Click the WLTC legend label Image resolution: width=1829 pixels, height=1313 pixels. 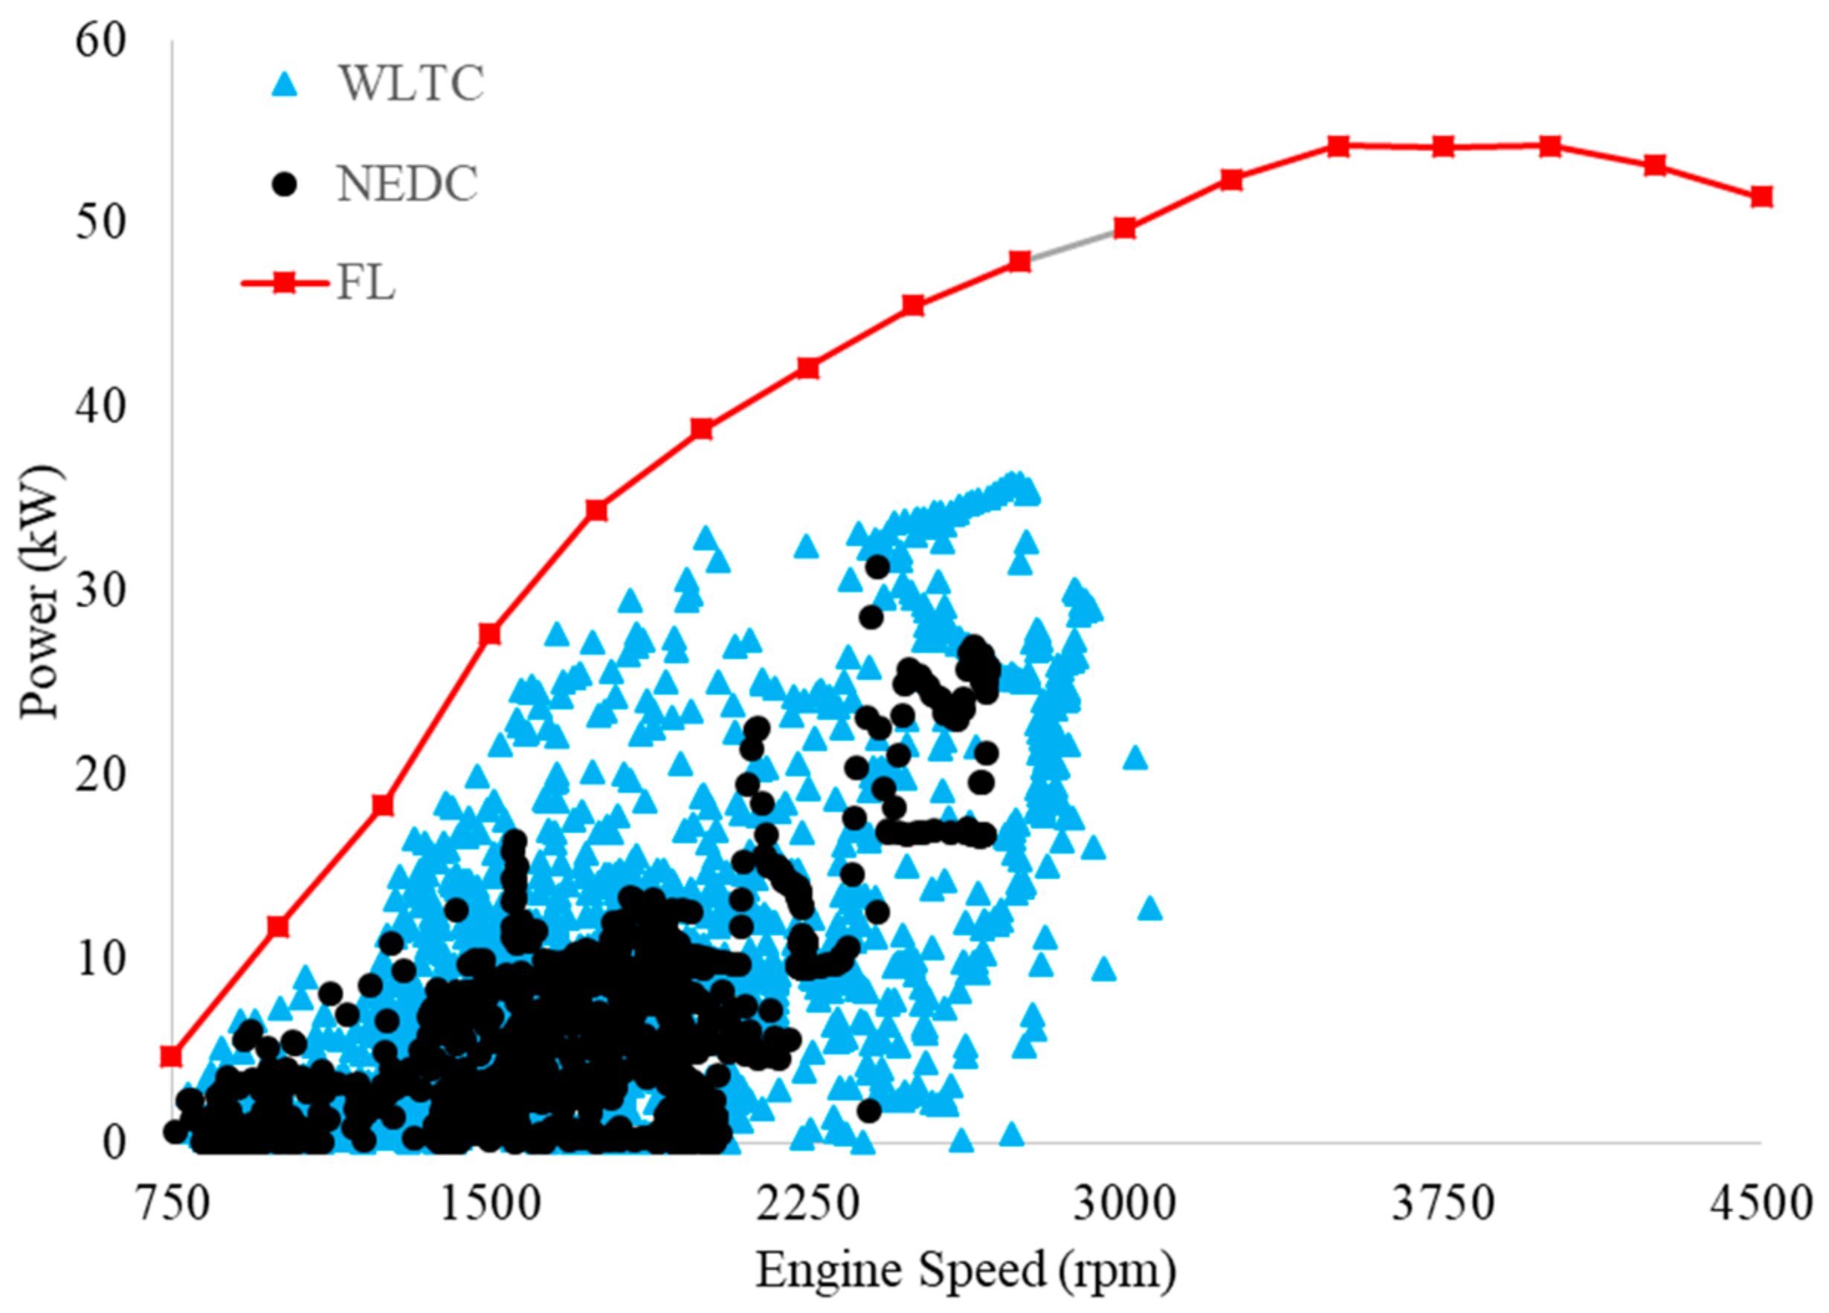410,83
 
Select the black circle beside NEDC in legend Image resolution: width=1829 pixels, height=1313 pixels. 285,184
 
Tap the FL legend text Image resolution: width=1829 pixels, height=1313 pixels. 365,284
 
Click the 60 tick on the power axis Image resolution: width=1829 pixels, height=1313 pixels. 101,40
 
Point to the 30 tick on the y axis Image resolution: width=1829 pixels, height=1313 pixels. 101,591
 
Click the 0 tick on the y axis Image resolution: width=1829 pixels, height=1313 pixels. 114,1142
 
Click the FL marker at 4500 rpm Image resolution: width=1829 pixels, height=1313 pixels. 1761,197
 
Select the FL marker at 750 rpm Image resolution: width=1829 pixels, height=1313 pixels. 171,1056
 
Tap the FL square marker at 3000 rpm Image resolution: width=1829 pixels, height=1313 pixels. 1125,229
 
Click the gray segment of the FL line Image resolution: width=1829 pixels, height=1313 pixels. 1073,245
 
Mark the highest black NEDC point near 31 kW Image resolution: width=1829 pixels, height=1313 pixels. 877,567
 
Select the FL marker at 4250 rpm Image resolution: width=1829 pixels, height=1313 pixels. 1655,165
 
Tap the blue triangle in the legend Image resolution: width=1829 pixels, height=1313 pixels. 285,84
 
